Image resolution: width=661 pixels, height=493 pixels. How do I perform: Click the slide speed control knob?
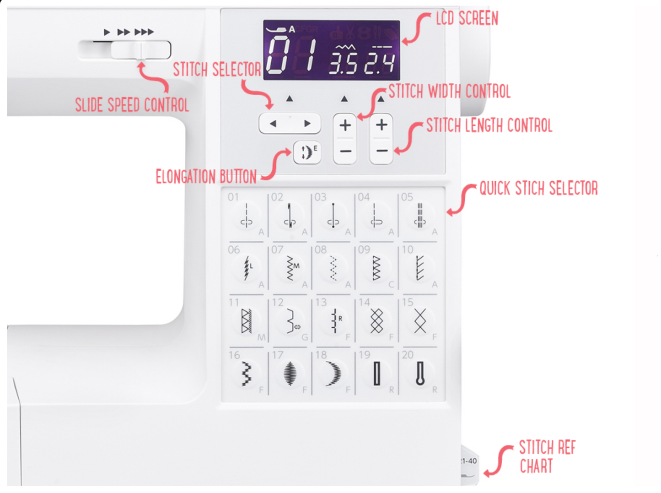pyautogui.click(x=141, y=50)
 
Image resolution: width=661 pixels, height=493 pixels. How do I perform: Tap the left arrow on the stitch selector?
pyautogui.click(x=273, y=124)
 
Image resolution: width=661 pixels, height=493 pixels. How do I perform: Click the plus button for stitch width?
pyautogui.click(x=345, y=125)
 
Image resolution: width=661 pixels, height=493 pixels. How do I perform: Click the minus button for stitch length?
pyautogui.click(x=382, y=151)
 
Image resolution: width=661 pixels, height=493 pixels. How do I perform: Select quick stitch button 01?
pyautogui.click(x=246, y=215)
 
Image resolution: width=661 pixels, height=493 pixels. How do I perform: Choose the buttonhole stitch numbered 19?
pyautogui.click(x=376, y=373)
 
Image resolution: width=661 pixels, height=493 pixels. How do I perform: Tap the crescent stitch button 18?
pyautogui.click(x=333, y=373)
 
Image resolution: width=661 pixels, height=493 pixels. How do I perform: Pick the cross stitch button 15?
pyautogui.click(x=420, y=320)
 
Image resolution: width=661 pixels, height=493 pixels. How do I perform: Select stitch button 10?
pyautogui.click(x=419, y=268)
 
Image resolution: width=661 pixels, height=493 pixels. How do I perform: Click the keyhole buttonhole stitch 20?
pyautogui.click(x=420, y=373)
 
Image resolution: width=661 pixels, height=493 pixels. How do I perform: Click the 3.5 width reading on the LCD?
pyautogui.click(x=343, y=64)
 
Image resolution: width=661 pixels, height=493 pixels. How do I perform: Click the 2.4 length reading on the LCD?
pyautogui.click(x=379, y=64)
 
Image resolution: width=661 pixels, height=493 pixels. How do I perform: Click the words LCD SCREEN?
pyautogui.click(x=467, y=19)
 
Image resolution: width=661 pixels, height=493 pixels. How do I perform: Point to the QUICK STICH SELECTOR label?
pyautogui.click(x=538, y=188)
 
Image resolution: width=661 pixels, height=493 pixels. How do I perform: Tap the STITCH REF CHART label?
pyautogui.click(x=547, y=457)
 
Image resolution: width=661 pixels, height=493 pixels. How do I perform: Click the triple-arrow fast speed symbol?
pyautogui.click(x=144, y=32)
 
